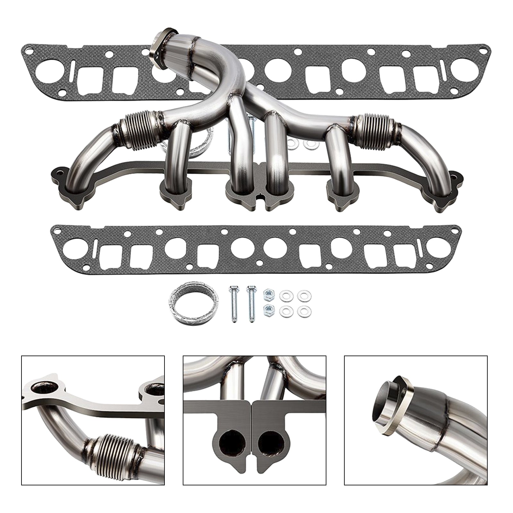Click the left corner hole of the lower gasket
point(58,230)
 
